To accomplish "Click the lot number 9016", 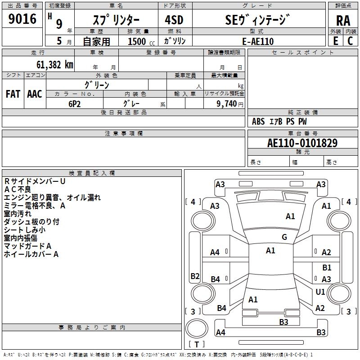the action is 22,19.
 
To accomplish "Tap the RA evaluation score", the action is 342,21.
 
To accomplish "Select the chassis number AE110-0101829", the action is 302,143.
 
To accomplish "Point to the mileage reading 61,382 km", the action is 51,65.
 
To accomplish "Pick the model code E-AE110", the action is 257,41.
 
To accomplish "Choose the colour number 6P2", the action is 75,104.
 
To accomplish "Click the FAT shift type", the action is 13,94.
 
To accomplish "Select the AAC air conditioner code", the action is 35,94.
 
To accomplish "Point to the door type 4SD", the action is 171,20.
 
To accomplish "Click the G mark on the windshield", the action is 284,237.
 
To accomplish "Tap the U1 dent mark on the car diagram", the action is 320,292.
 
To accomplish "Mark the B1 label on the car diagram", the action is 327,268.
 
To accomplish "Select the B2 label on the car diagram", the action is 195,276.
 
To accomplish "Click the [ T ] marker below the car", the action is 197,344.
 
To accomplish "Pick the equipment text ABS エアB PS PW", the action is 279,121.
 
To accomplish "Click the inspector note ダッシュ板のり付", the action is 31,222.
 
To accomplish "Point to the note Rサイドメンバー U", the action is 35,181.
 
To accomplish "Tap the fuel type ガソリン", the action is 175,41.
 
